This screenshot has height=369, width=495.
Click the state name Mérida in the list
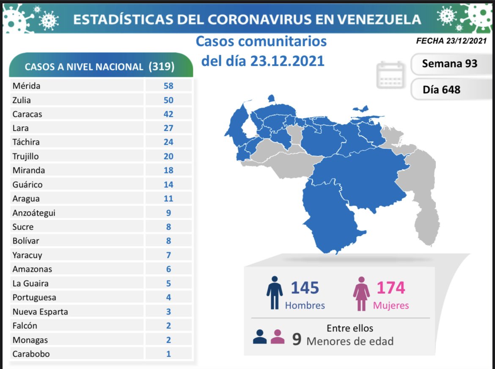pos(27,86)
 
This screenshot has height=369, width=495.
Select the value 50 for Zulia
pos(168,100)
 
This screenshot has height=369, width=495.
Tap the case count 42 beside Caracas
pos(168,114)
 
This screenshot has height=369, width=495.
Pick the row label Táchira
pos(26,142)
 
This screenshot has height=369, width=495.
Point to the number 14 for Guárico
pos(168,184)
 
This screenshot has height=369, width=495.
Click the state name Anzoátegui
pos(34,213)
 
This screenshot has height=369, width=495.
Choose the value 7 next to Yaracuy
pos(168,255)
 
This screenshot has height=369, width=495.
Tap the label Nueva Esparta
pos(40,312)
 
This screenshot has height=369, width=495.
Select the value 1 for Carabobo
pos(168,354)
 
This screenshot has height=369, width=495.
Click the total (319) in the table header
pos(162,67)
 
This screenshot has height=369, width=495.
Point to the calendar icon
pos(390,75)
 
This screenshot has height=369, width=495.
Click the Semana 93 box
pos(449,63)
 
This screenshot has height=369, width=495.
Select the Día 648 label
pos(441,89)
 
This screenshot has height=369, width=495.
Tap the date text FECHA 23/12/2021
pos(451,41)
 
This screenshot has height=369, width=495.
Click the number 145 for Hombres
pos(305,288)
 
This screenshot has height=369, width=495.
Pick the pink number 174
pos(391,288)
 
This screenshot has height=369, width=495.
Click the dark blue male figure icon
pos(275,293)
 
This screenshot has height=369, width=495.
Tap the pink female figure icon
pos(362,293)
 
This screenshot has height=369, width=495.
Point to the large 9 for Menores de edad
pos(297,339)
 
